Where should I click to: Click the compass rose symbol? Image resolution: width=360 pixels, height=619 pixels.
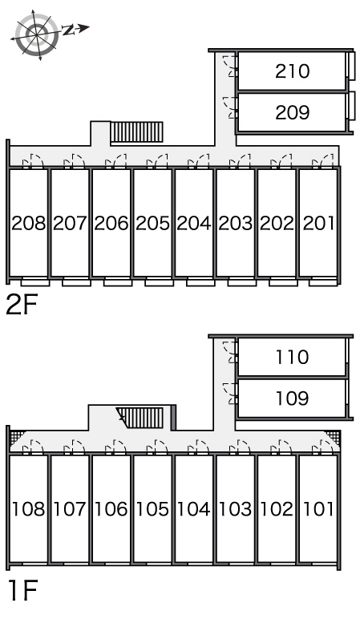[37, 35]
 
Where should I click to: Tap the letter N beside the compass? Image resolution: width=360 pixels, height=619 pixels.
[69, 30]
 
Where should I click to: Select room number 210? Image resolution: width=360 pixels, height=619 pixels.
[292, 71]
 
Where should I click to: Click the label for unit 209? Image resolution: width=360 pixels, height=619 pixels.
[292, 112]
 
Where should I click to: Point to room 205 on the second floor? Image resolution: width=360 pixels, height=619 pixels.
[152, 224]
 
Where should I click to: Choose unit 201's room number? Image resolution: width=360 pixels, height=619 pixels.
[318, 224]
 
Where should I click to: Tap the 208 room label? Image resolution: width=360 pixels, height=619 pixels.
[28, 224]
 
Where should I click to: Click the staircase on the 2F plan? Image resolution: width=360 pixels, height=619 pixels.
[136, 131]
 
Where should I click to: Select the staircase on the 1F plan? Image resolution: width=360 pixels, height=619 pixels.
[140, 418]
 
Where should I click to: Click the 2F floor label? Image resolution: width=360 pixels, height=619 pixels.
[22, 305]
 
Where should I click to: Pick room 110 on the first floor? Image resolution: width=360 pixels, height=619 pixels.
[292, 358]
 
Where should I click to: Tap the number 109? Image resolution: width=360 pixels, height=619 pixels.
[292, 399]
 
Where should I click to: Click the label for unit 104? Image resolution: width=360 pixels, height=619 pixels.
[194, 509]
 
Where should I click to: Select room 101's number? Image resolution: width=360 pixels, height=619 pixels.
[318, 509]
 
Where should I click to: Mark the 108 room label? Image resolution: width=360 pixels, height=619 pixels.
[28, 509]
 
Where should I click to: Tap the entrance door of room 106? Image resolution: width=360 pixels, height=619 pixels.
[115, 447]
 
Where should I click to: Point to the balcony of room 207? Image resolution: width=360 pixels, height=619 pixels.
[76, 282]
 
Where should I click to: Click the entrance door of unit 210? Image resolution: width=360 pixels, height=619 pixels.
[230, 66]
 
